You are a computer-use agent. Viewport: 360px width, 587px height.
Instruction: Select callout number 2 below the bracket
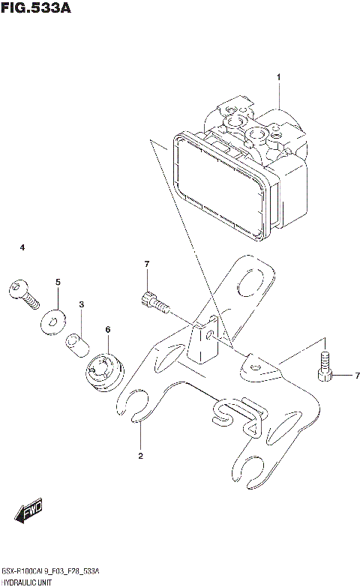[139, 455]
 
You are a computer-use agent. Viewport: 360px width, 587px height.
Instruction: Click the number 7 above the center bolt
[147, 263]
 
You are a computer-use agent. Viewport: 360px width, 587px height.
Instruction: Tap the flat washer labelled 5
[51, 321]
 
